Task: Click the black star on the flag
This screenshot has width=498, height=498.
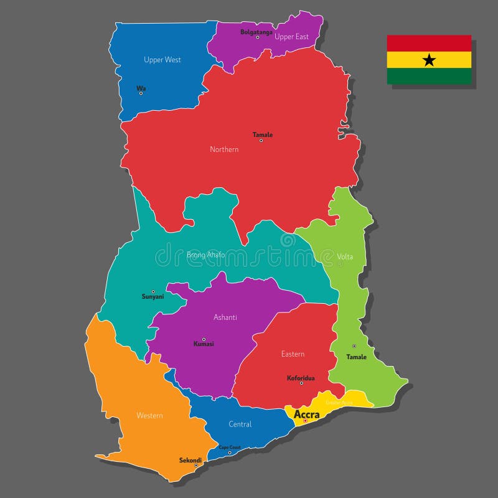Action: point(429,60)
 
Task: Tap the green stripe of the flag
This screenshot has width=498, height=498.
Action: point(429,76)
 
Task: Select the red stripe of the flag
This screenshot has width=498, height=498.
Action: point(429,43)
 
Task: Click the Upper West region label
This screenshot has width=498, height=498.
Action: point(162,60)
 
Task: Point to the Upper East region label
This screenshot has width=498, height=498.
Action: point(292,37)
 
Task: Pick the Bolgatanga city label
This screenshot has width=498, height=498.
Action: point(256,32)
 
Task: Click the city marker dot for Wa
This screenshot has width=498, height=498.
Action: point(141,93)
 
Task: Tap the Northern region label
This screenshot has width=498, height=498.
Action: point(224,149)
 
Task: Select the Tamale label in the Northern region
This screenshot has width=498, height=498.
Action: point(263,134)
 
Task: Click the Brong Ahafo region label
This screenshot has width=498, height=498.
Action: point(206,255)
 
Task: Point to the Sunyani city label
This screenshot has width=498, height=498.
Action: point(153,297)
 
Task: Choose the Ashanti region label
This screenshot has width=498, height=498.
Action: point(225,317)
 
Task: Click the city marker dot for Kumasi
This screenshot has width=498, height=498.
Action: point(204,339)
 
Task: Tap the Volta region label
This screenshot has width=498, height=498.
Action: point(345,256)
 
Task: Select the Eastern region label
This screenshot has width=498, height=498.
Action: point(293,354)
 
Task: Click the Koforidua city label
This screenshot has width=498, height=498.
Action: point(301,378)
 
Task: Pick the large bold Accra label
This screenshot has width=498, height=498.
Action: point(307,414)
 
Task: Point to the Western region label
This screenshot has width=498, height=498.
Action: point(149,415)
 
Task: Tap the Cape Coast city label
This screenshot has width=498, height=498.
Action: point(230,447)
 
